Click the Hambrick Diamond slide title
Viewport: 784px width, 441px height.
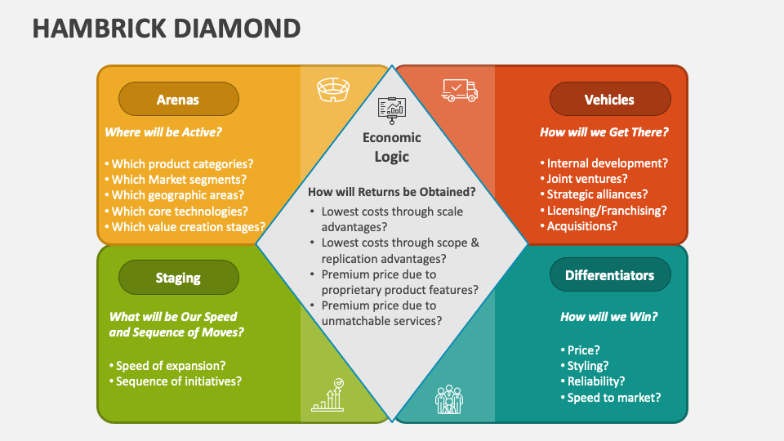(166, 29)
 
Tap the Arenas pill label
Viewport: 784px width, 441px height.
(178, 100)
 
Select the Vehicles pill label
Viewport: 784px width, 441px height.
(609, 100)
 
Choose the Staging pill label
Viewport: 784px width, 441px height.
(178, 278)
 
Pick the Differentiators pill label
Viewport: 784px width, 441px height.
(609, 275)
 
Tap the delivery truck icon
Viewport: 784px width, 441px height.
(459, 89)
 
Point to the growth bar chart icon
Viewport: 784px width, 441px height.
(328, 395)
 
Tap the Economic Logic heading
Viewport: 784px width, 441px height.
(392, 147)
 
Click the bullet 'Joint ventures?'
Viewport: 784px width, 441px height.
(583, 179)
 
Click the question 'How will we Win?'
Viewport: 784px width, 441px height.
(609, 317)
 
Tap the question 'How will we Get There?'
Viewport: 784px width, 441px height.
(604, 131)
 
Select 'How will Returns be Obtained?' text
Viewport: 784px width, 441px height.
(392, 192)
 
